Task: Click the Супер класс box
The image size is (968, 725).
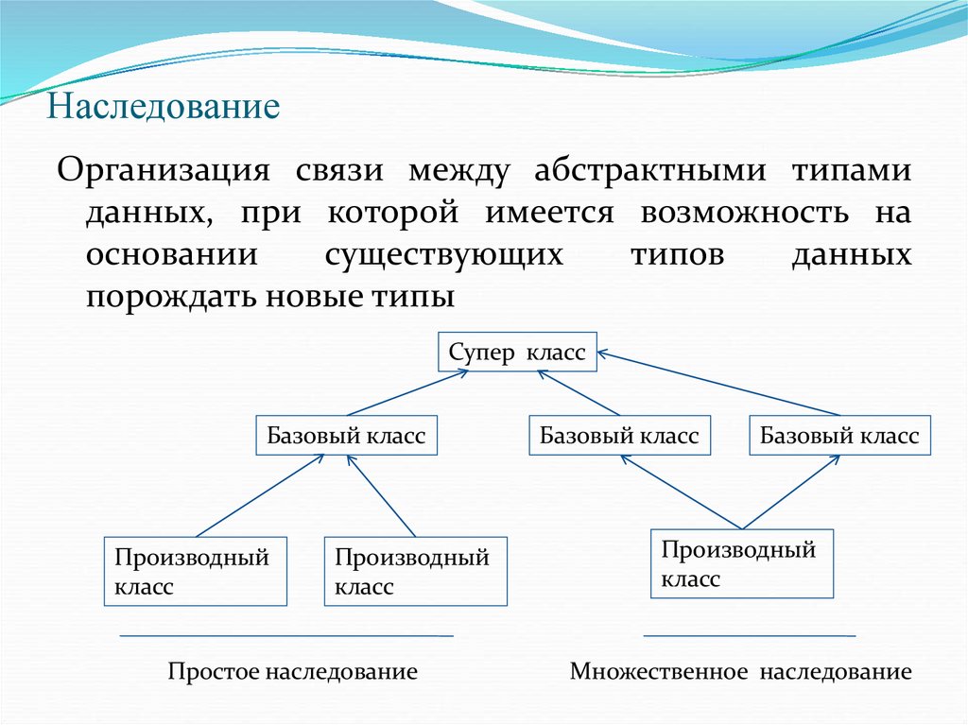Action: point(517,353)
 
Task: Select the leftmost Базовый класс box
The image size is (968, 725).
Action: point(347,436)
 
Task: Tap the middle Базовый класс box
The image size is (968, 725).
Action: point(619,436)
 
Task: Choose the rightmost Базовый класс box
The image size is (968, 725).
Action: point(839,436)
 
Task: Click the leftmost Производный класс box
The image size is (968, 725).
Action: point(196,571)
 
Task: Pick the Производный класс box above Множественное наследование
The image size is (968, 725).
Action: point(741,563)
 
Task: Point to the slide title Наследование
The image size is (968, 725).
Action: point(164,105)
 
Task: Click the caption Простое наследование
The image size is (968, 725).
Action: point(293,672)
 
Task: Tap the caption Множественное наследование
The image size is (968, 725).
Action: point(740,672)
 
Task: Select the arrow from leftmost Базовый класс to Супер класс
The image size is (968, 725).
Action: point(406,392)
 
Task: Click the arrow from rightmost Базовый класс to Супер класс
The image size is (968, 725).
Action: point(718,385)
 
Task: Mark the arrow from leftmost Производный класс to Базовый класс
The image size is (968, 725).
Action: point(259,494)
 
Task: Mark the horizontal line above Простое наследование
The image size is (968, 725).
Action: point(286,636)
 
